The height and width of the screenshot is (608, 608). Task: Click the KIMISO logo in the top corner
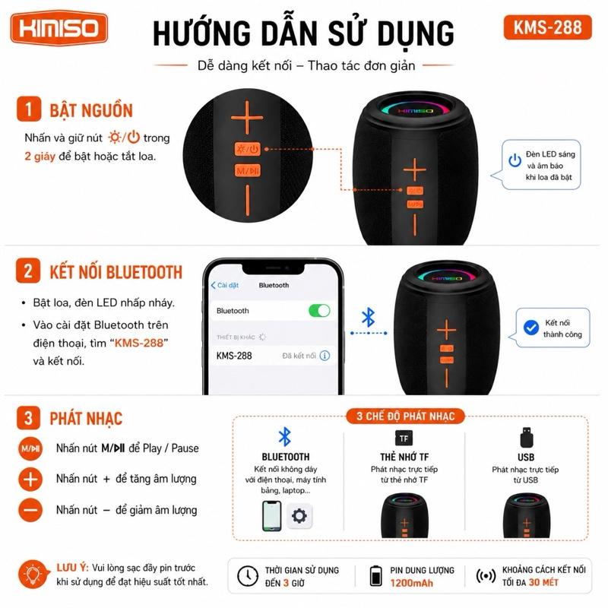pos(59,28)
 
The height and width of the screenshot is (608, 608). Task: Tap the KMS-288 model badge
pos(547,27)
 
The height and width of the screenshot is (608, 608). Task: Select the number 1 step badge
pos(29,109)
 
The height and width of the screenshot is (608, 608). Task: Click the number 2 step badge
pos(28,271)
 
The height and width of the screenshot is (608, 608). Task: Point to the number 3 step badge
pos(28,418)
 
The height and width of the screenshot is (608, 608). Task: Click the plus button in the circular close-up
pos(247,118)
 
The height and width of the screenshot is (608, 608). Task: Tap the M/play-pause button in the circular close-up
pos(248,170)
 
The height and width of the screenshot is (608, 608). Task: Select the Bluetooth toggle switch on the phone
pos(319,311)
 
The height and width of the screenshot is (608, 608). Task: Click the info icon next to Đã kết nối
pos(325,356)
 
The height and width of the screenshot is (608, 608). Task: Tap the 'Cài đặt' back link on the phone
pos(225,286)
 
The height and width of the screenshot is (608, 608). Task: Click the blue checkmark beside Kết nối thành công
pos(530,328)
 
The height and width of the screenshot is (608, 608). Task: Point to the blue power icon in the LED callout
pos(515,160)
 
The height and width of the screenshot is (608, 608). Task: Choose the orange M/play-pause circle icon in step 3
pos(30,448)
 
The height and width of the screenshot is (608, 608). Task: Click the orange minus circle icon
pos(30,510)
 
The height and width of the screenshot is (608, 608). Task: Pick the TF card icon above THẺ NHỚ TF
pos(404,439)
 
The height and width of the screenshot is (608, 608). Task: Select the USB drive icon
pos(527,438)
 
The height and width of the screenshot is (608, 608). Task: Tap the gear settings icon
pos(299,516)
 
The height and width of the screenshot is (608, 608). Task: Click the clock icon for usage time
pos(248,576)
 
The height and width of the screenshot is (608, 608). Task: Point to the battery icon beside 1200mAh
pos(375,575)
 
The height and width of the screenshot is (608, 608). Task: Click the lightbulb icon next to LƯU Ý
pos(33,575)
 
